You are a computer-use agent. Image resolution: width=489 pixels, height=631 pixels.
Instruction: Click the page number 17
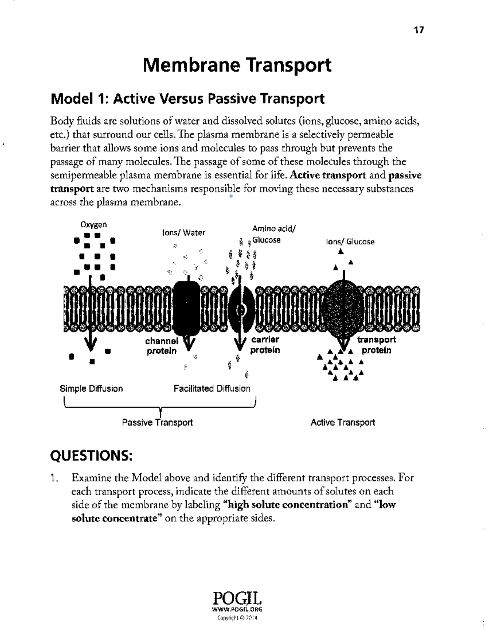pos(419,30)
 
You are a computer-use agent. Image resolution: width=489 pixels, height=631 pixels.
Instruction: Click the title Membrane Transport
pos(237,65)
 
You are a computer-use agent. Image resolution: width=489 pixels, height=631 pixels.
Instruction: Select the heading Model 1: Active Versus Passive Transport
pos(187,99)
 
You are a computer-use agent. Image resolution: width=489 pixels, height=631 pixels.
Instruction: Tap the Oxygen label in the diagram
pos(93,225)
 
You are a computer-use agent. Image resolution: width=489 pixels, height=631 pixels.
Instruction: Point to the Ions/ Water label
pos(184,233)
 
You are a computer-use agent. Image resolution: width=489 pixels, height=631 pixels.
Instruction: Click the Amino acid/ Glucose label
pos(273,235)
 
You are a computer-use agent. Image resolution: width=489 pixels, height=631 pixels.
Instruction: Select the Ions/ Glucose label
pos(350,241)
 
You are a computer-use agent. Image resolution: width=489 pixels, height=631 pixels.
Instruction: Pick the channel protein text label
pos(162,346)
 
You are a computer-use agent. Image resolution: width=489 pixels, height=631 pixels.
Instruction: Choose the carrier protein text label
pos(265,345)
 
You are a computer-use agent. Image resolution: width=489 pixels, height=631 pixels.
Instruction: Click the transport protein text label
pos(376,345)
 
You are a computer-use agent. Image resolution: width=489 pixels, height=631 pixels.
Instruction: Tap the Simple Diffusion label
pos(91,389)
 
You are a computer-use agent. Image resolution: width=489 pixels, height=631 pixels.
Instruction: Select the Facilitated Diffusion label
pos(212,389)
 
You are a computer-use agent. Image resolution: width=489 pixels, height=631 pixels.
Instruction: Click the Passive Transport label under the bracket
pos(157,423)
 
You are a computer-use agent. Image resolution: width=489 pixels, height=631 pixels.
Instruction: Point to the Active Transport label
pos(343,423)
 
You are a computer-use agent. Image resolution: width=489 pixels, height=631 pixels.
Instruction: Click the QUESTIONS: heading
pos(91,456)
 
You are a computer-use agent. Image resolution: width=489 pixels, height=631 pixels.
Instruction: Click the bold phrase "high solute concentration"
pos(287,505)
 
